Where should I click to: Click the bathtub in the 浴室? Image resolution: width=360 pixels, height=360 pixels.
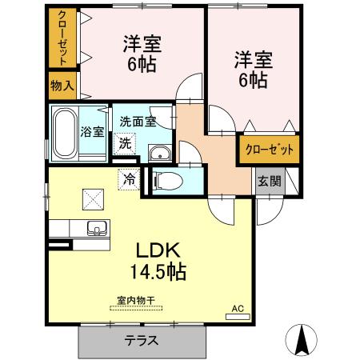click(x=64, y=134)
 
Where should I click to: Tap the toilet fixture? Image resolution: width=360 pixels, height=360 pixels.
click(x=169, y=182)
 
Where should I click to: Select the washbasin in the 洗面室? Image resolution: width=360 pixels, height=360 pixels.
click(x=159, y=153)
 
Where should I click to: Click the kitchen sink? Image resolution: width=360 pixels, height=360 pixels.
click(x=97, y=228)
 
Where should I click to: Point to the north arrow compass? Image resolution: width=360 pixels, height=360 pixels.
click(x=302, y=340)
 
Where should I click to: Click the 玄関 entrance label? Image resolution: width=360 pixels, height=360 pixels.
click(x=270, y=182)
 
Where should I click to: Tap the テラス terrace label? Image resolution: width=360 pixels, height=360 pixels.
click(x=142, y=341)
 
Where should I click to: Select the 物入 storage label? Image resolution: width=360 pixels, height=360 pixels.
click(x=62, y=86)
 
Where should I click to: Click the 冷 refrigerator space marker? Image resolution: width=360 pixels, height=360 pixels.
click(x=129, y=179)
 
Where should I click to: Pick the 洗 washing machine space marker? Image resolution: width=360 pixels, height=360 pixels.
click(x=125, y=143)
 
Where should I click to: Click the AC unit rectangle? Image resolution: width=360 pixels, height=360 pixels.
click(x=238, y=317)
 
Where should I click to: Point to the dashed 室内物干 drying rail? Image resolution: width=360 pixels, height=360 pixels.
click(x=136, y=308)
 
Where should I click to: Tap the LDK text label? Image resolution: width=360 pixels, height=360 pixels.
click(x=158, y=250)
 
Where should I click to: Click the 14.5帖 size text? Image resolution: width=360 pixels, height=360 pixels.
click(x=158, y=272)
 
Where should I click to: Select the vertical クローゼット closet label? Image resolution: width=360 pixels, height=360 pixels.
click(x=62, y=38)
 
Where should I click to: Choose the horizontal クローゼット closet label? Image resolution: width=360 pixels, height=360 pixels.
click(x=270, y=150)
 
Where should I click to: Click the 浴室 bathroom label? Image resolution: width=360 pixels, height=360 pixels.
click(x=92, y=132)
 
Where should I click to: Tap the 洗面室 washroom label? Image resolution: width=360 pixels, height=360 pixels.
click(x=138, y=122)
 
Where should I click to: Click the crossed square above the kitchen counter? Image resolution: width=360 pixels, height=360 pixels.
click(x=93, y=199)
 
